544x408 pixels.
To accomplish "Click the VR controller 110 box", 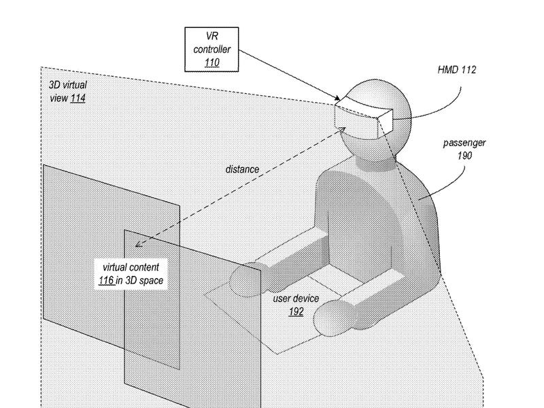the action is [211, 49].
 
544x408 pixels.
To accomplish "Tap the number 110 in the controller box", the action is [212, 63].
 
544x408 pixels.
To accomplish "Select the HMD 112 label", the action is [456, 70].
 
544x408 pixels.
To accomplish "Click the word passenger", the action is [464, 143].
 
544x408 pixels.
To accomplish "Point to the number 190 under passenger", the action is [464, 156].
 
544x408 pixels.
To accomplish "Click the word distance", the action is [242, 169].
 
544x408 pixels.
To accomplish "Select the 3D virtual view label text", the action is [68, 91].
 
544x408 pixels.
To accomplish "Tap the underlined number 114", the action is [78, 98].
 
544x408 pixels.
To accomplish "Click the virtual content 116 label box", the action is [131, 274].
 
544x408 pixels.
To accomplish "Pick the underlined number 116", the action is [106, 280].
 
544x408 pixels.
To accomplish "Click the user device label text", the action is [296, 299].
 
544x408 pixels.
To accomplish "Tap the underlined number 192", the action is [296, 311].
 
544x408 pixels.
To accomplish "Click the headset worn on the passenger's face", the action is [364, 117].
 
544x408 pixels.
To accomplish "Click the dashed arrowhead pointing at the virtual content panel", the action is [138, 244].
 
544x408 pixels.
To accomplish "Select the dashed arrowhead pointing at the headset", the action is [342, 130].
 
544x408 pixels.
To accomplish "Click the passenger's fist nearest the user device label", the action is [329, 318].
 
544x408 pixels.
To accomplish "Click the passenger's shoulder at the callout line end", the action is [419, 199].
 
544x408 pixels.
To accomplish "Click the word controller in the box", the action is [212, 49].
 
